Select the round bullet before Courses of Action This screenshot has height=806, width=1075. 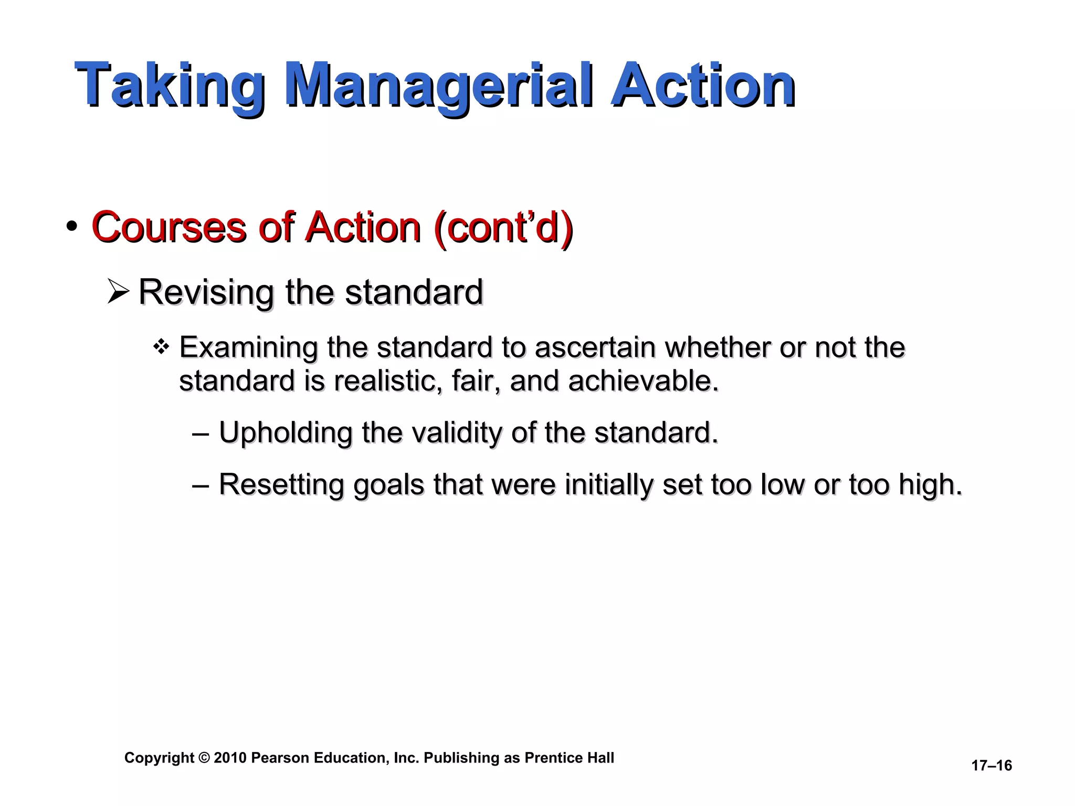72,227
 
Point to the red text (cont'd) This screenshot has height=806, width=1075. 503,228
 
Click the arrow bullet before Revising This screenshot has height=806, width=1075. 118,292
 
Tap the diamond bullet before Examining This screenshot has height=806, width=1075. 161,347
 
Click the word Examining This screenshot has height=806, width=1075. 248,347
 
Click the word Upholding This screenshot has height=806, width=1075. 286,433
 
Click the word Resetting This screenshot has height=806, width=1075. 281,484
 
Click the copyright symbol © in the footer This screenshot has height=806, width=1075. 204,758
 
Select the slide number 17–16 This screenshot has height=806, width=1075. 991,766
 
